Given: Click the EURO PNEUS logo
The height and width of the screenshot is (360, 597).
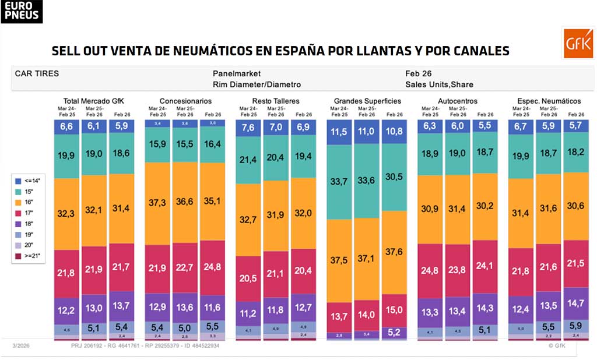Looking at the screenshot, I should pyautogui.click(x=22, y=11).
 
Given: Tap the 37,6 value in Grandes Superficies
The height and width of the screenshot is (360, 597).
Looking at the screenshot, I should pyautogui.click(x=395, y=252).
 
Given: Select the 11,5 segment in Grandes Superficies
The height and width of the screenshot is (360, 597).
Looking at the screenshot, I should pyautogui.click(x=339, y=132).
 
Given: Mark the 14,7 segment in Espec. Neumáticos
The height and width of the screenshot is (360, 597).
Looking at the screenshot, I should pyautogui.click(x=575, y=303).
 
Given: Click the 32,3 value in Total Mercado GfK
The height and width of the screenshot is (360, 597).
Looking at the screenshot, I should pyautogui.click(x=66, y=214).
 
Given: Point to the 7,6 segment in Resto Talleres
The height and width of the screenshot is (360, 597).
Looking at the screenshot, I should pyautogui.click(x=248, y=128).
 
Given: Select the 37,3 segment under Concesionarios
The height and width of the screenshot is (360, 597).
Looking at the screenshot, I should pyautogui.click(x=158, y=202).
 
